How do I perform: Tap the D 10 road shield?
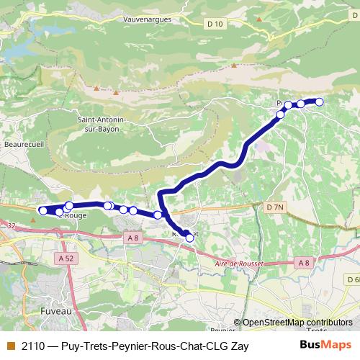[215, 24]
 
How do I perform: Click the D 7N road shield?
[275, 207]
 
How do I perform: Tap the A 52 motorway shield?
[66, 258]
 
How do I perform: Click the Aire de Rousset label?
[240, 264]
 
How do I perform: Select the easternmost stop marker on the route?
[319, 102]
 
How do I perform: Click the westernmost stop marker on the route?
[42, 210]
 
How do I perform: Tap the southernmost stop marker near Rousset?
[189, 237]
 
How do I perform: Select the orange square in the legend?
[10, 346]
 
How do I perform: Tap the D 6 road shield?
[352, 279]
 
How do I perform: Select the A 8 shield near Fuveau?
[131, 238]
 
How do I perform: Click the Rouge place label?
[76, 215]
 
